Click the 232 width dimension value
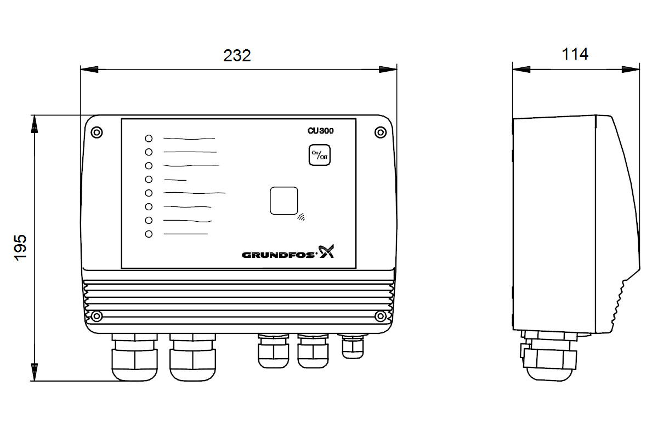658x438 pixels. coord(237,55)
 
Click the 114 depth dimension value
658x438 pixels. coord(575,54)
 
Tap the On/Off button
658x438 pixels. coord(319,155)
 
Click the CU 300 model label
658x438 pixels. coord(320,130)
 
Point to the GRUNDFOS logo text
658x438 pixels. coord(278,255)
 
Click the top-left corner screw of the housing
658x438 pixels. coord(97,132)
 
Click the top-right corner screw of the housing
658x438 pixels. coord(381,132)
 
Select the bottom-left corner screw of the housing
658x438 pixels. coord(97,316)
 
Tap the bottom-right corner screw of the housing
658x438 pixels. coord(381,316)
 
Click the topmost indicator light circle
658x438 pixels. coord(149,139)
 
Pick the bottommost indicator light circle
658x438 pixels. coord(149,234)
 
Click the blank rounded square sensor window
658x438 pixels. coord(284,201)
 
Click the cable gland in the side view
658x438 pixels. coord(549,357)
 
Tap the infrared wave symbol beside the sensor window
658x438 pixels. coord(301,217)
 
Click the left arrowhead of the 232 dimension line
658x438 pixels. coord(89,70)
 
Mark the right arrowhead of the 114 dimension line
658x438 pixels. coord(631,70)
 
